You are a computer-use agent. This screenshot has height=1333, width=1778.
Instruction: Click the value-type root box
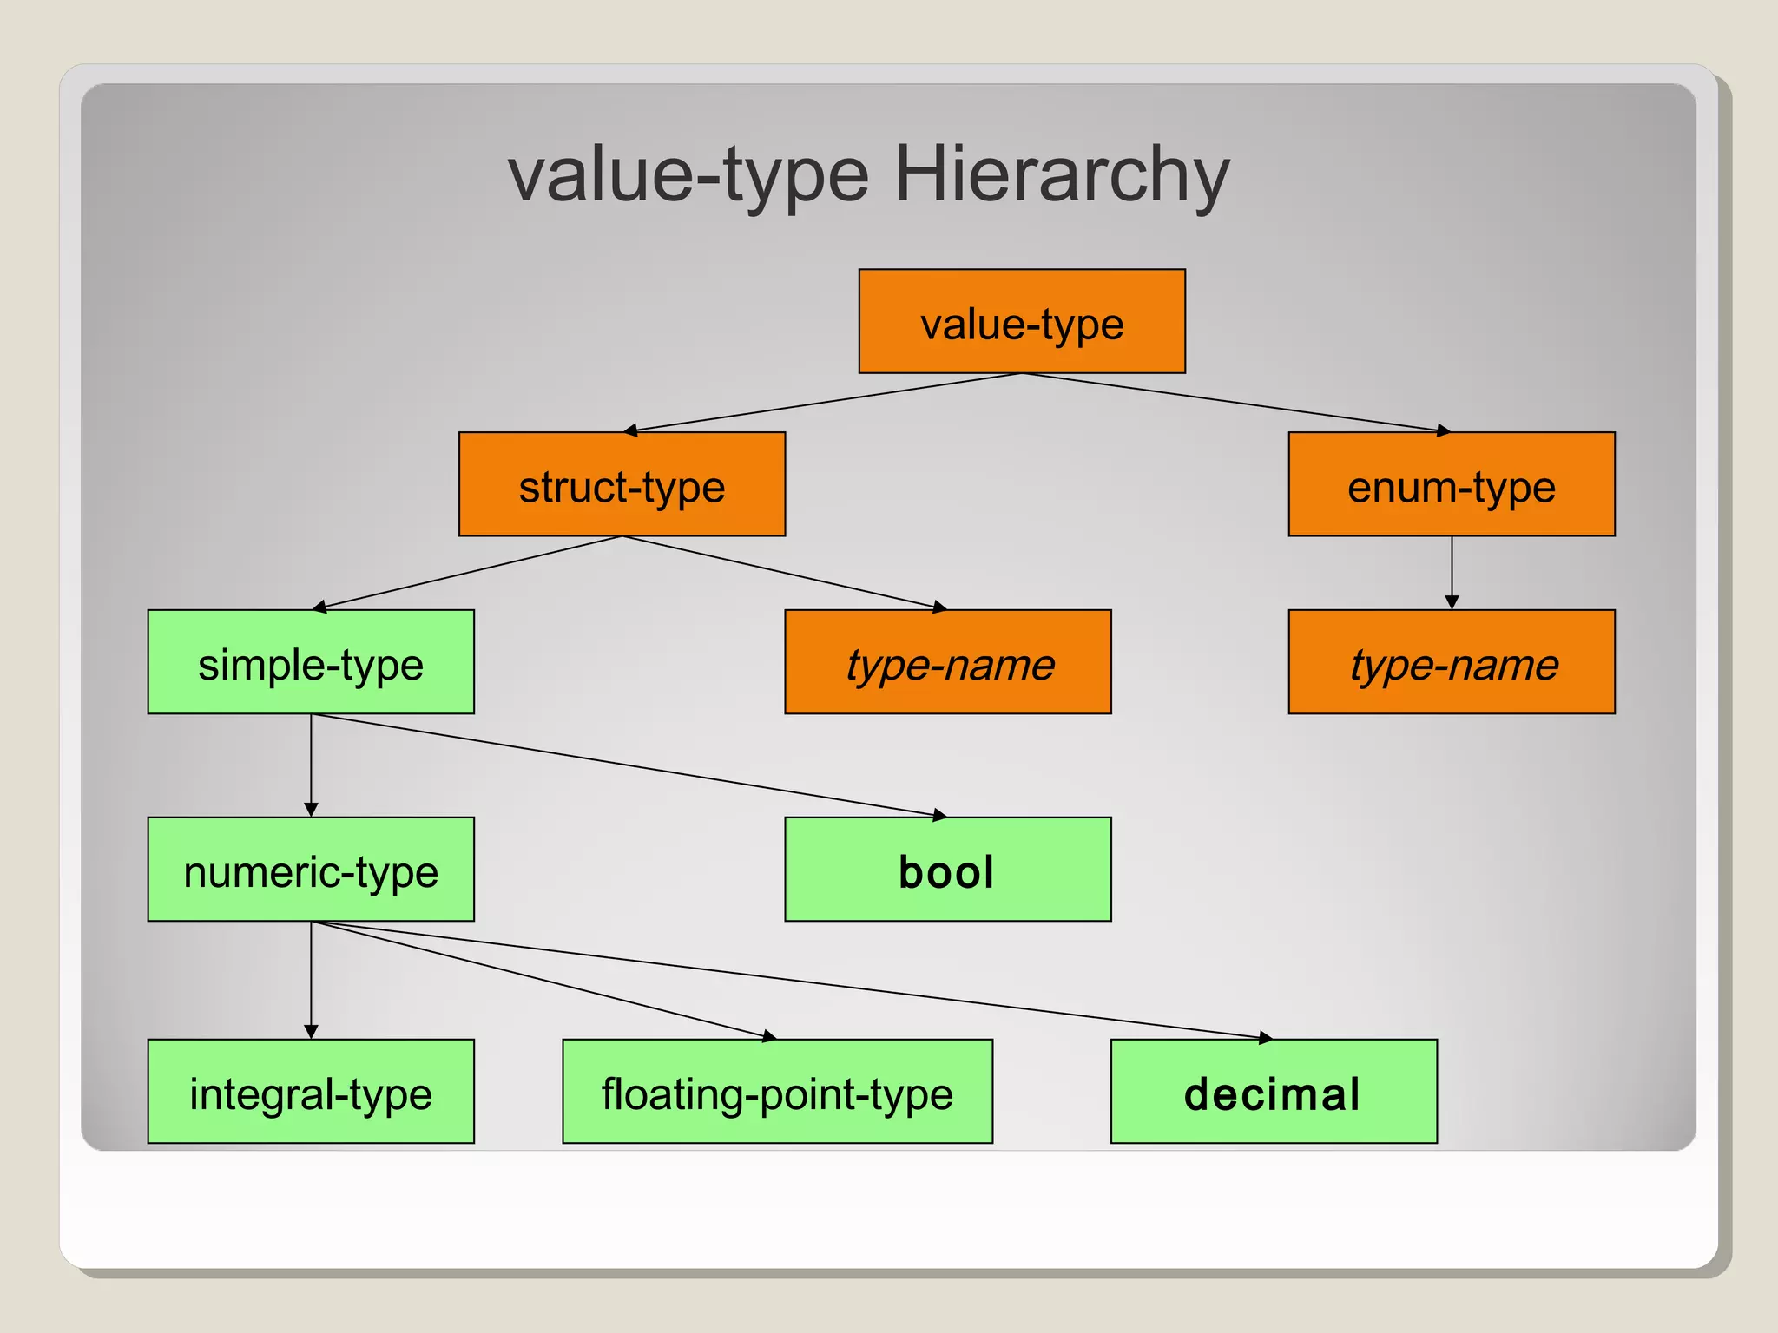(1022, 321)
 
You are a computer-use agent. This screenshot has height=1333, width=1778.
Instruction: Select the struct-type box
(622, 484)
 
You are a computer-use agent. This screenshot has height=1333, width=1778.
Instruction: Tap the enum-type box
(1452, 484)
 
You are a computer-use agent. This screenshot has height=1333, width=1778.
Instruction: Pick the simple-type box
(311, 662)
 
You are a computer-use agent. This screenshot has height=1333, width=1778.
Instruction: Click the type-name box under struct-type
(948, 662)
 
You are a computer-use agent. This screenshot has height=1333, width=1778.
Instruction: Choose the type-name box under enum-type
(1452, 662)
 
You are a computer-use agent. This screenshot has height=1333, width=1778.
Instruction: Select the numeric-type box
(311, 870)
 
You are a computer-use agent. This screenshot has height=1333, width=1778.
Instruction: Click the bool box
(948, 870)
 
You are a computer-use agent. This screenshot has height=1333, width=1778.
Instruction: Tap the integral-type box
(311, 1092)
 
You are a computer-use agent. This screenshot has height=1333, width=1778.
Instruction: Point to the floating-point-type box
(777, 1092)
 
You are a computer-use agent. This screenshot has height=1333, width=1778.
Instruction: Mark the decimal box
(1274, 1092)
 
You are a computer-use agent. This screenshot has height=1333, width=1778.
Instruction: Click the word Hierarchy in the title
(1062, 174)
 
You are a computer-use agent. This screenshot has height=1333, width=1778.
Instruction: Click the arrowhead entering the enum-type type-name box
(1452, 602)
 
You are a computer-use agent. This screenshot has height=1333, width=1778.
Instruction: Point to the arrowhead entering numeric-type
(311, 810)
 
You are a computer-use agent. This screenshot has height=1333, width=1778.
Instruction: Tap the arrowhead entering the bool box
(939, 815)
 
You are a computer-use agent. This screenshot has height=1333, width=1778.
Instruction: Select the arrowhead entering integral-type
(311, 1032)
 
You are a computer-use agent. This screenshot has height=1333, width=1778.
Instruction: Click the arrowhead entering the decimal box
(1266, 1037)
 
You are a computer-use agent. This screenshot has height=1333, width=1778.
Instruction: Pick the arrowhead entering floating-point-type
(769, 1036)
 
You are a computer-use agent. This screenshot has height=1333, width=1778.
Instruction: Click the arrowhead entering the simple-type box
(319, 607)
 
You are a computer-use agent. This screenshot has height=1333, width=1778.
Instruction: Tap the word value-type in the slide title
(688, 174)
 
